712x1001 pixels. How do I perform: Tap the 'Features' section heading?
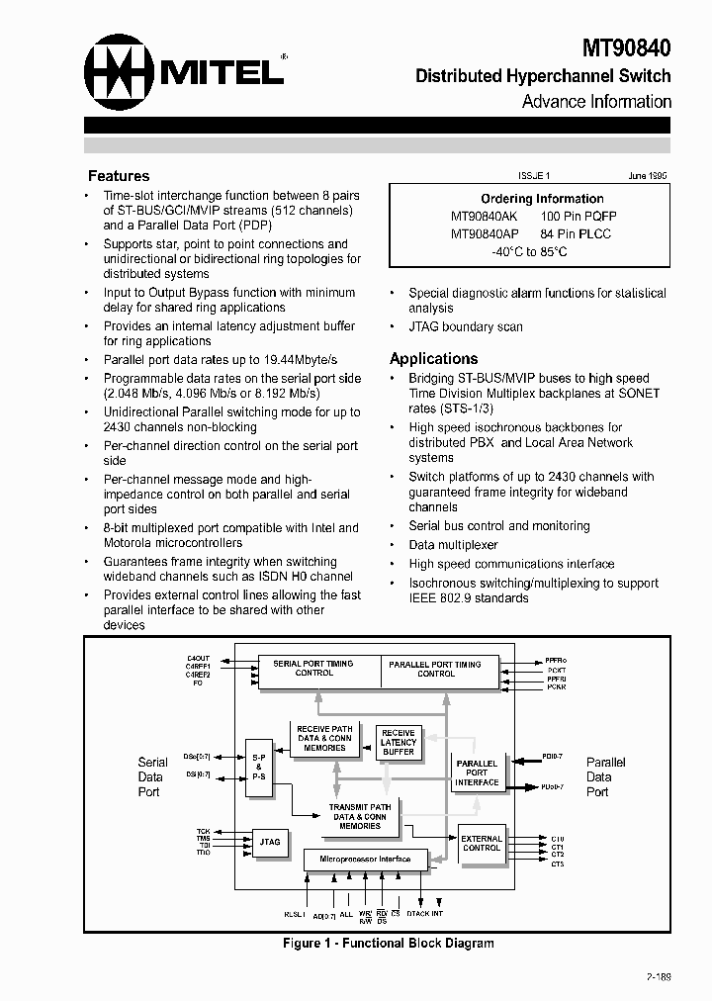coord(119,176)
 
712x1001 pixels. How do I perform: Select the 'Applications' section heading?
coord(433,359)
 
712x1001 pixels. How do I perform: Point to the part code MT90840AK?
coord(484,216)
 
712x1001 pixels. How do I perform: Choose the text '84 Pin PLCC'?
coord(576,233)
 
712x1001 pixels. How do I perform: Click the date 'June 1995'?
coord(647,175)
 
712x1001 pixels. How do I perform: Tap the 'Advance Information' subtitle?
coord(596,102)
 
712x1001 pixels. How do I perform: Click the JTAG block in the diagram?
coord(270,842)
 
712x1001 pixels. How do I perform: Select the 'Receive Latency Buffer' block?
coord(398,742)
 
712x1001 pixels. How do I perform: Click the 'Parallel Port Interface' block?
coord(477,773)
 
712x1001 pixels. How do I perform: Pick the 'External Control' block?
coord(482,843)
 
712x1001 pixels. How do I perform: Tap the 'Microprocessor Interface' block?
coord(365,860)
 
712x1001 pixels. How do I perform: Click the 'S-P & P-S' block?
coord(258,767)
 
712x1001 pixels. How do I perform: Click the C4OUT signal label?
coord(198,658)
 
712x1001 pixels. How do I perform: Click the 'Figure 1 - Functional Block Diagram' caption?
coord(388,944)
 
